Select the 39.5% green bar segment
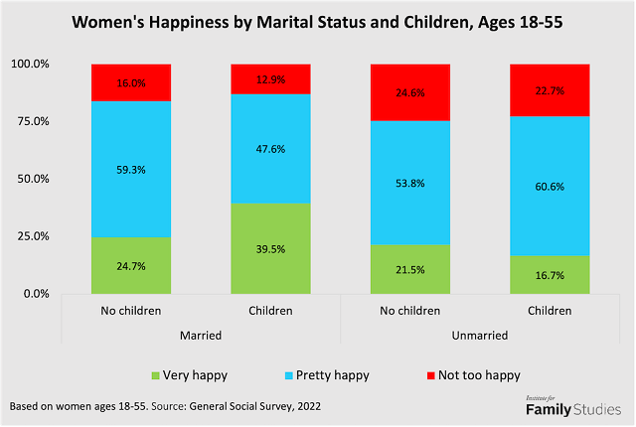tap(270, 248)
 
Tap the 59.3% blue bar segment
tap(131, 169)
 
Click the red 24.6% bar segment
tap(410, 92)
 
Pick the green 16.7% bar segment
tap(551, 274)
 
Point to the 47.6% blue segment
tap(270, 149)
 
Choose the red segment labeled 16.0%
tap(131, 83)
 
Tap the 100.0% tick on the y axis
tap(29, 65)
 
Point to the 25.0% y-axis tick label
tap(32, 236)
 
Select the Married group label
tap(201, 336)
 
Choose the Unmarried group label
tap(480, 336)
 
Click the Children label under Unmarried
tap(551, 312)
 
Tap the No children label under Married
tap(131, 312)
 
